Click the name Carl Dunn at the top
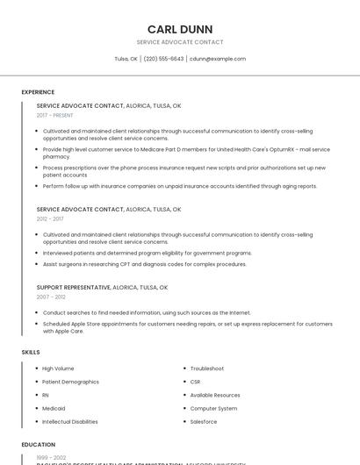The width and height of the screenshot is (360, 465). click(179, 29)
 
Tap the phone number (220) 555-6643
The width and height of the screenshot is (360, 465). click(163, 59)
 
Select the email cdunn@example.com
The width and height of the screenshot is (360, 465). click(218, 59)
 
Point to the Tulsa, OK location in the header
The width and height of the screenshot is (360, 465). click(126, 59)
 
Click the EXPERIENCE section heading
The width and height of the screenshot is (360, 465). click(38, 92)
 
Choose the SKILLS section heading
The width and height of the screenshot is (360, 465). click(31, 352)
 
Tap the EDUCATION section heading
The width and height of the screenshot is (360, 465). click(38, 445)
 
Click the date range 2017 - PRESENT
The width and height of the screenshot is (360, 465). click(54, 115)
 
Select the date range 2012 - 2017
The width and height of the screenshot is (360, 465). click(50, 219)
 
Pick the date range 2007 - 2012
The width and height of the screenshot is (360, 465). click(50, 297)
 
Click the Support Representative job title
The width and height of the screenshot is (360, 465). click(74, 287)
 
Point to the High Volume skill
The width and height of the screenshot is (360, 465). click(58, 368)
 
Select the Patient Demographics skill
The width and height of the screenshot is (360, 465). click(70, 382)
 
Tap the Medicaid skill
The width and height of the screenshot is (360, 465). click(54, 408)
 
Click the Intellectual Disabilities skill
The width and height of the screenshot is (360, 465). click(70, 421)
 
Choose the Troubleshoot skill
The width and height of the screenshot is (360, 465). click(207, 368)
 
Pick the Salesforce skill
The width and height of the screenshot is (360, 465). click(204, 421)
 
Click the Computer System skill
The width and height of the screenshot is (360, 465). click(213, 408)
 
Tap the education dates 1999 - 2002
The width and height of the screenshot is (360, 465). click(51, 458)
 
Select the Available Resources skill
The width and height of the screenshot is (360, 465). click(215, 395)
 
